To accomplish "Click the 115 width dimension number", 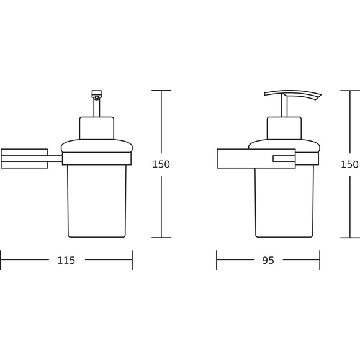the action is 66,260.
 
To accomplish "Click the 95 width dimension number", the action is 268,260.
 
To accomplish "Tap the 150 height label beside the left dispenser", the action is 161,164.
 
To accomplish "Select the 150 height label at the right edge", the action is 349,164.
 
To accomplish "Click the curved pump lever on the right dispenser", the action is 293,94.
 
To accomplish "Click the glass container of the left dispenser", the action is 97,201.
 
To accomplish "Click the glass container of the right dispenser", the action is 284,202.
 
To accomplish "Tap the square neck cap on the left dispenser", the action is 97,128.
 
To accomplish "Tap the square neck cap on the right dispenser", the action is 284,128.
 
